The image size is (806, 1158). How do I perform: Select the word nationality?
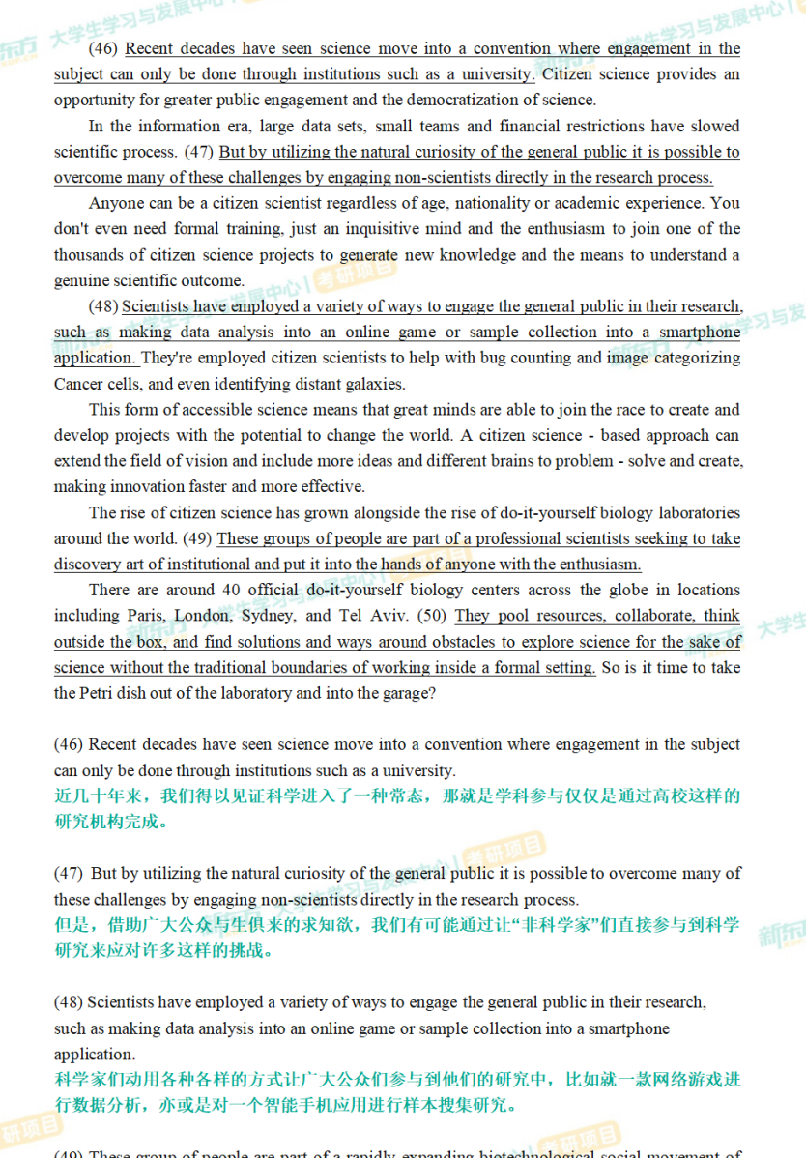496,203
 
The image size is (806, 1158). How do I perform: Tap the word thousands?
87,255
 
